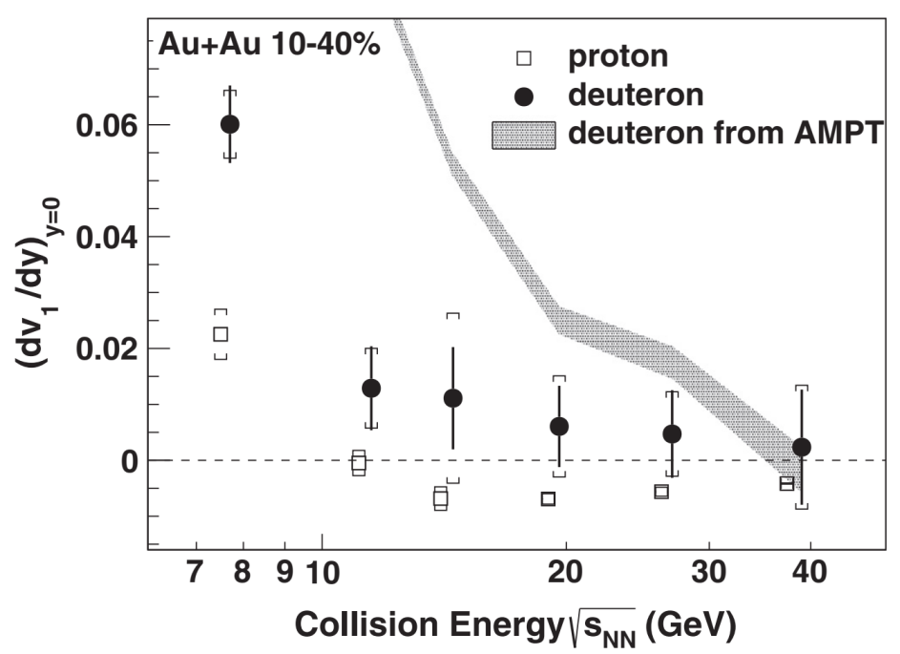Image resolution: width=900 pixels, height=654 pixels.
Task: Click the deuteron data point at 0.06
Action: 229,124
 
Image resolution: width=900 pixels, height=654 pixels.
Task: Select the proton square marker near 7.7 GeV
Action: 220,334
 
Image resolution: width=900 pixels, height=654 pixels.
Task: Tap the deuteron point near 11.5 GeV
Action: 371,388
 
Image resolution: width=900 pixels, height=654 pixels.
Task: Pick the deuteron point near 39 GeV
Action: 802,447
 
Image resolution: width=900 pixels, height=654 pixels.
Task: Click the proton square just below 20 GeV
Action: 548,498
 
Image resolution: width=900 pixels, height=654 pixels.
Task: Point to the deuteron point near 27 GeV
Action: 673,433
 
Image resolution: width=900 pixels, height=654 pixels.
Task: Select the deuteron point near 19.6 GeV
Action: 559,426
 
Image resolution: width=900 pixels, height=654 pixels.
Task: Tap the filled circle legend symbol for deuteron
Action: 523,95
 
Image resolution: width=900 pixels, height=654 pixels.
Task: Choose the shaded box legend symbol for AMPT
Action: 523,135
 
